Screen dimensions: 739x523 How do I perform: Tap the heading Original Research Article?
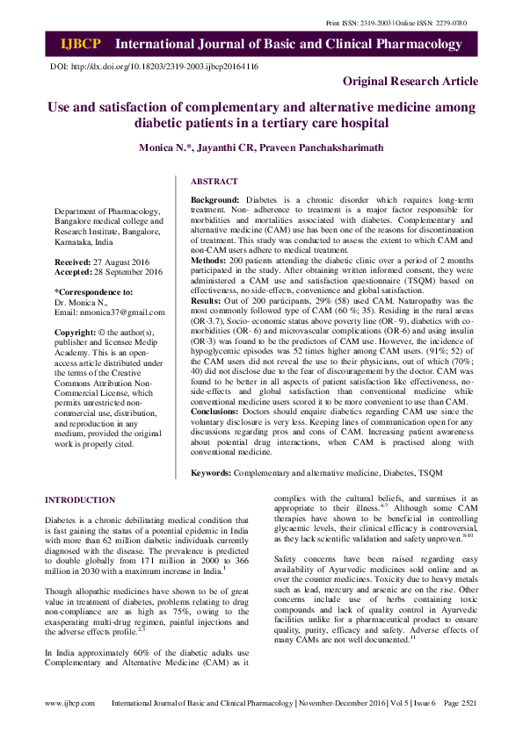click(410, 82)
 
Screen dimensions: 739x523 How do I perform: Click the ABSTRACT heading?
click(214, 182)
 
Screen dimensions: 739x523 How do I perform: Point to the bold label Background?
click(216, 201)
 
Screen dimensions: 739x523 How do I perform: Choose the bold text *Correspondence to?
click(93, 291)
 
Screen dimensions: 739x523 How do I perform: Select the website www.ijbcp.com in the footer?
click(69, 728)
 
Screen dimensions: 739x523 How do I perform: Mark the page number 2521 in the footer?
click(469, 728)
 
